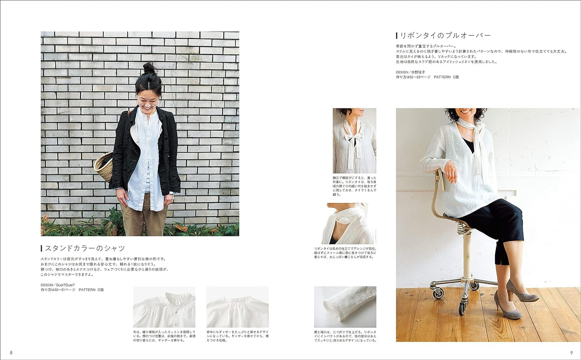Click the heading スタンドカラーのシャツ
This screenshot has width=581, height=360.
pyautogui.click(x=85, y=248)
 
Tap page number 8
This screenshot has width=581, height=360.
pyautogui.click(x=11, y=353)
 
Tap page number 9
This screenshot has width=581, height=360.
pyautogui.click(x=571, y=353)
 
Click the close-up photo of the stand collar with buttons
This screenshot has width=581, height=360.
pyautogui.click(x=164, y=307)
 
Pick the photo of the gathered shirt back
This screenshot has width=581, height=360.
pyautogui.click(x=237, y=307)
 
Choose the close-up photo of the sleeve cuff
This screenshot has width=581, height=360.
pyautogui.click(x=345, y=307)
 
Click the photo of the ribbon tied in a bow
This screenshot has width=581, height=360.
pyautogui.click(x=355, y=141)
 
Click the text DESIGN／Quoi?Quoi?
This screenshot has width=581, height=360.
pyautogui.click(x=58, y=285)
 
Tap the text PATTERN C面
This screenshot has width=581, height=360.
pyautogui.click(x=446, y=77)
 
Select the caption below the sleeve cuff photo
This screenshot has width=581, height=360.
pyautogui.click(x=345, y=336)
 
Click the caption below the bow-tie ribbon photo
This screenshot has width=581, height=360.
pyautogui.click(x=355, y=186)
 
